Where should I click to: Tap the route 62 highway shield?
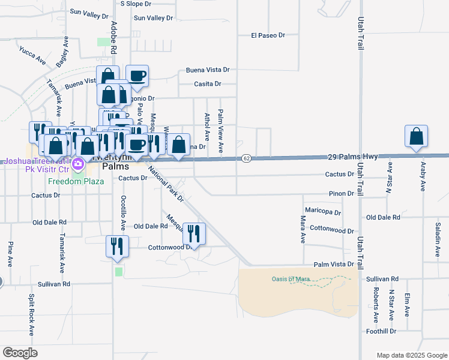point(246,158)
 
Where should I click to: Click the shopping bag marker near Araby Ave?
point(417,137)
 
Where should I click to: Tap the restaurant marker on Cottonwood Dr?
point(194,233)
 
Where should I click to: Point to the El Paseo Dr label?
point(268,36)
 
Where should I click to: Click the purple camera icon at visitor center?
point(77,163)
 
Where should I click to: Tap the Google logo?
point(20,353)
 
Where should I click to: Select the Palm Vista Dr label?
point(334,265)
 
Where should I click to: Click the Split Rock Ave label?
point(32,315)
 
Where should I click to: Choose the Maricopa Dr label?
point(323,212)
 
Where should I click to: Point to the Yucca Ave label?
point(32,56)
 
